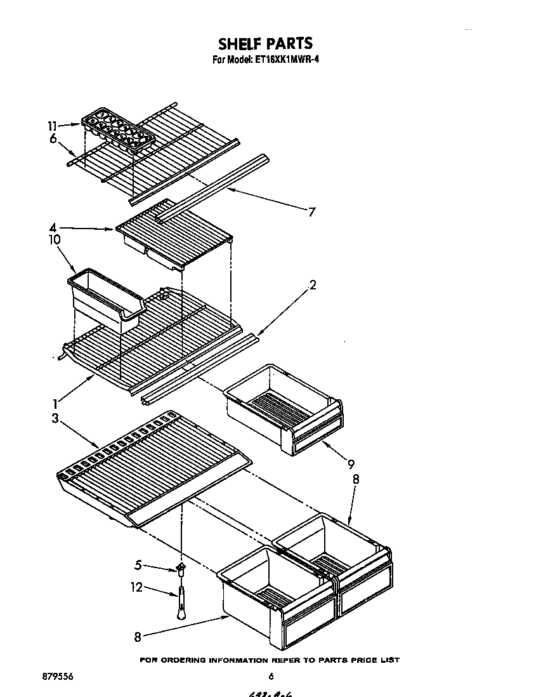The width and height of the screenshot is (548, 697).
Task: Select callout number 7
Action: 311,212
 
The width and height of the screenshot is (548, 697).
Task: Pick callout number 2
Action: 312,285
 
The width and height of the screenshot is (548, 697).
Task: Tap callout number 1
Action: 56,402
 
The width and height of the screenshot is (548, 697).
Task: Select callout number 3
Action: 56,418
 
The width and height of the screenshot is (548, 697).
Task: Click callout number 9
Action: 351,464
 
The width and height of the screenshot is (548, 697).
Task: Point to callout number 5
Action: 139,563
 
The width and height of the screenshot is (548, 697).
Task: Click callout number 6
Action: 53,139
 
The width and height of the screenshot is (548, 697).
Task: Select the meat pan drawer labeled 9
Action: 282,406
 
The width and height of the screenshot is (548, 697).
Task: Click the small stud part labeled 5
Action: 181,567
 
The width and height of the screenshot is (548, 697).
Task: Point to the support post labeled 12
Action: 181,602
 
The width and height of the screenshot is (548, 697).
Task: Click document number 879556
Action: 58,677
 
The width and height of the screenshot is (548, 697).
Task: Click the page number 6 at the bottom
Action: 271,677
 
